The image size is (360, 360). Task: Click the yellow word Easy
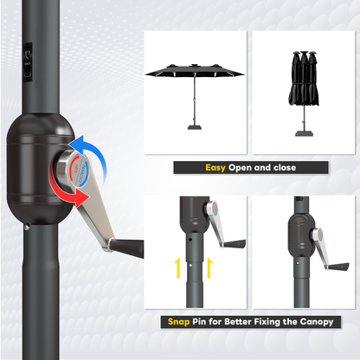(x=216, y=169)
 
